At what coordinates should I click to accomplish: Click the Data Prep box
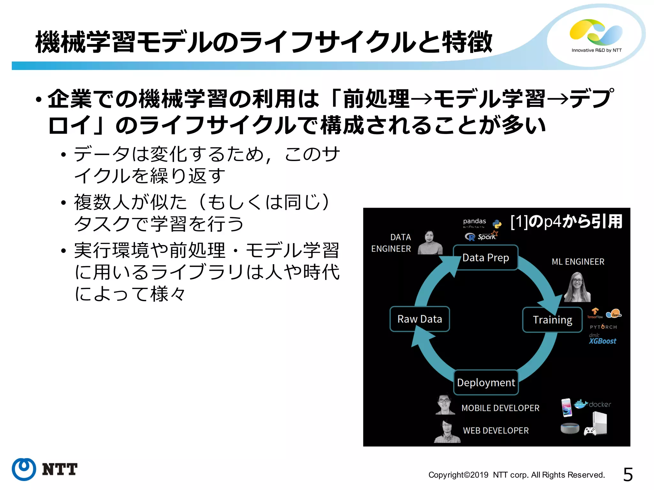tap(485, 257)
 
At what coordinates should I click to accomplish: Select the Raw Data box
tap(420, 319)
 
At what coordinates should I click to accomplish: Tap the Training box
tap(552, 320)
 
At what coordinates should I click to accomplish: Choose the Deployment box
tap(486, 382)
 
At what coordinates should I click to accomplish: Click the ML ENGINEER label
tap(578, 262)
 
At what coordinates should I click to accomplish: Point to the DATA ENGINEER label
tap(392, 243)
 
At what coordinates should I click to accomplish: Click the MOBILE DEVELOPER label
tap(500, 408)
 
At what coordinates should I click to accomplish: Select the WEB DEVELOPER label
tap(496, 431)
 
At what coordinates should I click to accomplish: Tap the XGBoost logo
tap(602, 341)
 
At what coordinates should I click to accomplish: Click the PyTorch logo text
tap(603, 327)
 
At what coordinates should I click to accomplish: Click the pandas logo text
tap(475, 221)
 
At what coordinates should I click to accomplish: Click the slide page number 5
tap(628, 475)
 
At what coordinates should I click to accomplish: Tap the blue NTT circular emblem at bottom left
tap(24, 469)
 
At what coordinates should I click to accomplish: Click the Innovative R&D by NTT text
tap(597, 50)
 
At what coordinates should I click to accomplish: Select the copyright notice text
tap(516, 475)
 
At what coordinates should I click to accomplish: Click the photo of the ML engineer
tap(577, 287)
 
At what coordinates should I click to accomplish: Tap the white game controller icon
tap(589, 431)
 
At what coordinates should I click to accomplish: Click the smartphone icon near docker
tap(567, 407)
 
